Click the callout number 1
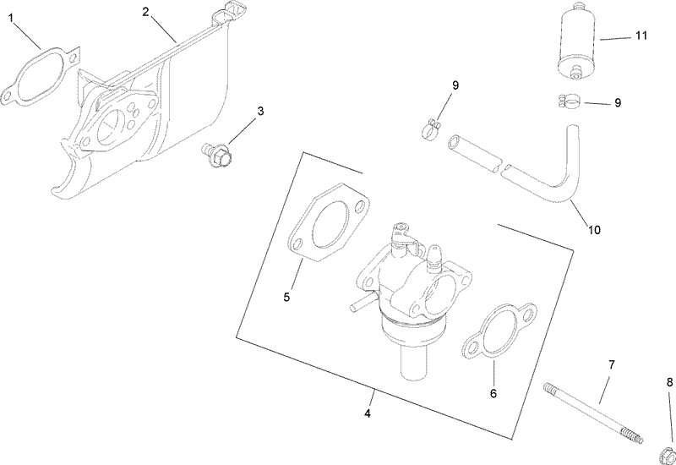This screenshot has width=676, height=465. point(10,15)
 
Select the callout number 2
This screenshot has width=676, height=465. point(145,12)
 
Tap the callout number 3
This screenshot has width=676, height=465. point(260,111)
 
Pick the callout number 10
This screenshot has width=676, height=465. point(594,229)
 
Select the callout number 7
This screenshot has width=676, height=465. point(612,365)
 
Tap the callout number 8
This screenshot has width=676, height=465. point(669,382)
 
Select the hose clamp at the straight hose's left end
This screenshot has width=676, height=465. point(431,129)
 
